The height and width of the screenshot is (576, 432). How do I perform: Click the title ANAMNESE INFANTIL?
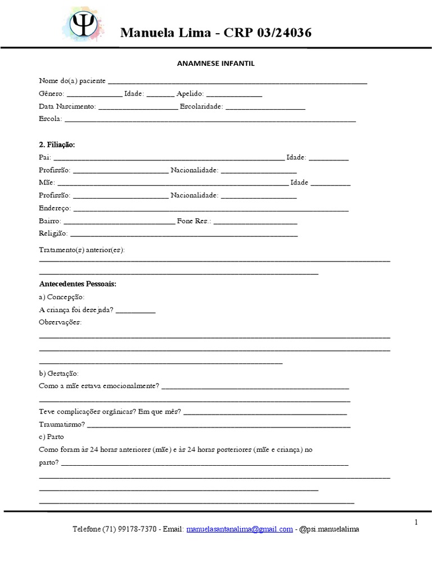[x=216, y=64]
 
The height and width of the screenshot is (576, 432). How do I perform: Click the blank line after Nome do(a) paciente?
[x=237, y=82]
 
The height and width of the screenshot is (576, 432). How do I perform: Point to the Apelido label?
[x=190, y=94]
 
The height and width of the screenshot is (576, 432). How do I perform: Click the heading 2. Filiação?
[x=57, y=145]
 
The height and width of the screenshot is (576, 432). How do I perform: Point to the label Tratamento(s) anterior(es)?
[x=82, y=249]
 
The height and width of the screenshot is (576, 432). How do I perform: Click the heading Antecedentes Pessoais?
[x=78, y=284]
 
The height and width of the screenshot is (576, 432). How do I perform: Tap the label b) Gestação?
[x=59, y=373]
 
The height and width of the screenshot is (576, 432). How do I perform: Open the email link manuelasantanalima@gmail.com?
[x=240, y=529]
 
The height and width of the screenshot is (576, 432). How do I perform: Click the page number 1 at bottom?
[x=416, y=522]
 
